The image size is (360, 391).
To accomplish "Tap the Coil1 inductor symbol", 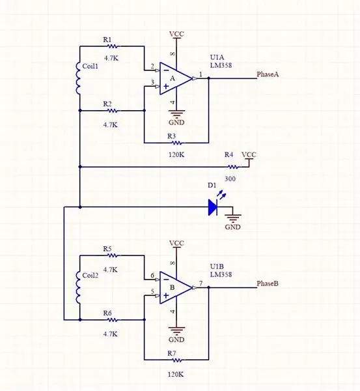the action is pyautogui.click(x=78, y=78).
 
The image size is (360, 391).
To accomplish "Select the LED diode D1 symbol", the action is pyautogui.click(x=213, y=207).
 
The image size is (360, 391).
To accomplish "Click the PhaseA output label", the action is pyautogui.click(x=268, y=74).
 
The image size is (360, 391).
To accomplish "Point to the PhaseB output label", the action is pyautogui.click(x=268, y=283).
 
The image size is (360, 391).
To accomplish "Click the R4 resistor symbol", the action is pyautogui.click(x=233, y=167).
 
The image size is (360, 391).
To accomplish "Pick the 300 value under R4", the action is pyautogui.click(x=230, y=179).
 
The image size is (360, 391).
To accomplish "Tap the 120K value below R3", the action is pyautogui.click(x=176, y=154).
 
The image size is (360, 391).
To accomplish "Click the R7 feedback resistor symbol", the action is pyautogui.click(x=176, y=360).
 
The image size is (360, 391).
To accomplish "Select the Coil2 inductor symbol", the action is pyautogui.click(x=78, y=287).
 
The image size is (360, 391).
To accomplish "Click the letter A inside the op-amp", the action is pyautogui.click(x=173, y=79).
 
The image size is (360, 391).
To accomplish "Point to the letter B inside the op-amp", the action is pyautogui.click(x=172, y=287).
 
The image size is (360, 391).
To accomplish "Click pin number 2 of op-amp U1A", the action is pyautogui.click(x=152, y=66).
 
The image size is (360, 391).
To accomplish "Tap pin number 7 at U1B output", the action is pyautogui.click(x=201, y=283).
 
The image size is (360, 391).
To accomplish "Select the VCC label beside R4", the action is pyautogui.click(x=249, y=154).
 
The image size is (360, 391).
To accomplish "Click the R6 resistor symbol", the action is pyautogui.click(x=113, y=320).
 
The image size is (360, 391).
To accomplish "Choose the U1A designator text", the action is pyautogui.click(x=217, y=57).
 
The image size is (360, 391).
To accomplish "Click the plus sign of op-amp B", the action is pyautogui.click(x=166, y=296).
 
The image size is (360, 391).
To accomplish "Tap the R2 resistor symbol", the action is pyautogui.click(x=113, y=111).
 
